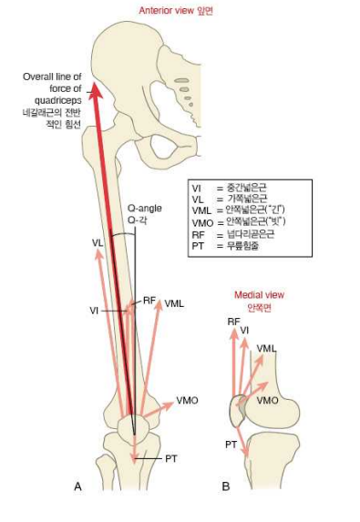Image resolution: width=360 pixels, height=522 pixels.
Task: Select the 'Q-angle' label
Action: [x=142, y=208]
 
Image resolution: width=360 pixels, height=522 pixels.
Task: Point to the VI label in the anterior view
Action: [x=94, y=311]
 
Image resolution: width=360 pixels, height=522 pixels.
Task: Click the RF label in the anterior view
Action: [x=149, y=300]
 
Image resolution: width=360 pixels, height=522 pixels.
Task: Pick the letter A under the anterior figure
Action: [x=77, y=487]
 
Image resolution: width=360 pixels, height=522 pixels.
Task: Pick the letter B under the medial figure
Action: [x=226, y=487]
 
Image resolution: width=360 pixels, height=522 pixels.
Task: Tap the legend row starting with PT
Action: [x=228, y=246]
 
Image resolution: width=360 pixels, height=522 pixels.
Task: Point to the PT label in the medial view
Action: [x=231, y=444]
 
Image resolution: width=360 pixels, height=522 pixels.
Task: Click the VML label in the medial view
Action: [x=267, y=349]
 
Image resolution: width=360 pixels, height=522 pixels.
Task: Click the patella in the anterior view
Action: [x=132, y=428]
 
